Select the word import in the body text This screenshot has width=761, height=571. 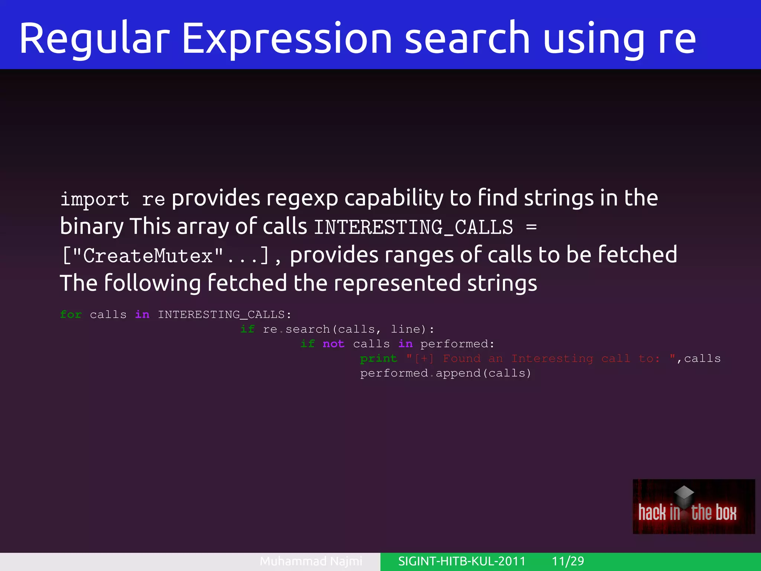click(x=94, y=200)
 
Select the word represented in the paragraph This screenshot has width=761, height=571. click(x=397, y=284)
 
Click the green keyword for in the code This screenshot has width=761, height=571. click(x=71, y=315)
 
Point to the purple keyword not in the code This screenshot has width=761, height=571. click(x=333, y=344)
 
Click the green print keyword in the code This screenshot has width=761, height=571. click(x=378, y=359)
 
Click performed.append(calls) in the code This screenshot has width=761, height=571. click(x=445, y=373)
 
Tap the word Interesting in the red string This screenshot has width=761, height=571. click(x=552, y=359)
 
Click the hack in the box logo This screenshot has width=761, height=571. click(x=693, y=506)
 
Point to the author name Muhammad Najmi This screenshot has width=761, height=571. click(x=311, y=561)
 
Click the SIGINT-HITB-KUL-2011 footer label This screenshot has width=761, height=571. click(x=462, y=561)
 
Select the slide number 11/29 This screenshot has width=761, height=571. click(x=567, y=561)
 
